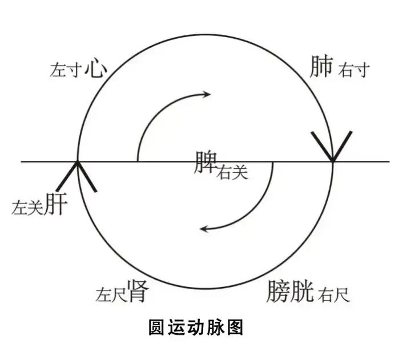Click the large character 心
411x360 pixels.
[96, 69]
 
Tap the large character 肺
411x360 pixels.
[321, 67]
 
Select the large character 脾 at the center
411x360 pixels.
[205, 163]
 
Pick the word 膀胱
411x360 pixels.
[290, 292]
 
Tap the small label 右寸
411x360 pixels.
[354, 71]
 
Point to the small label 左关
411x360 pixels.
[27, 209]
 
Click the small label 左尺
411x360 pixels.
[111, 295]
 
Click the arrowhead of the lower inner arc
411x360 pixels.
[204, 229]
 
